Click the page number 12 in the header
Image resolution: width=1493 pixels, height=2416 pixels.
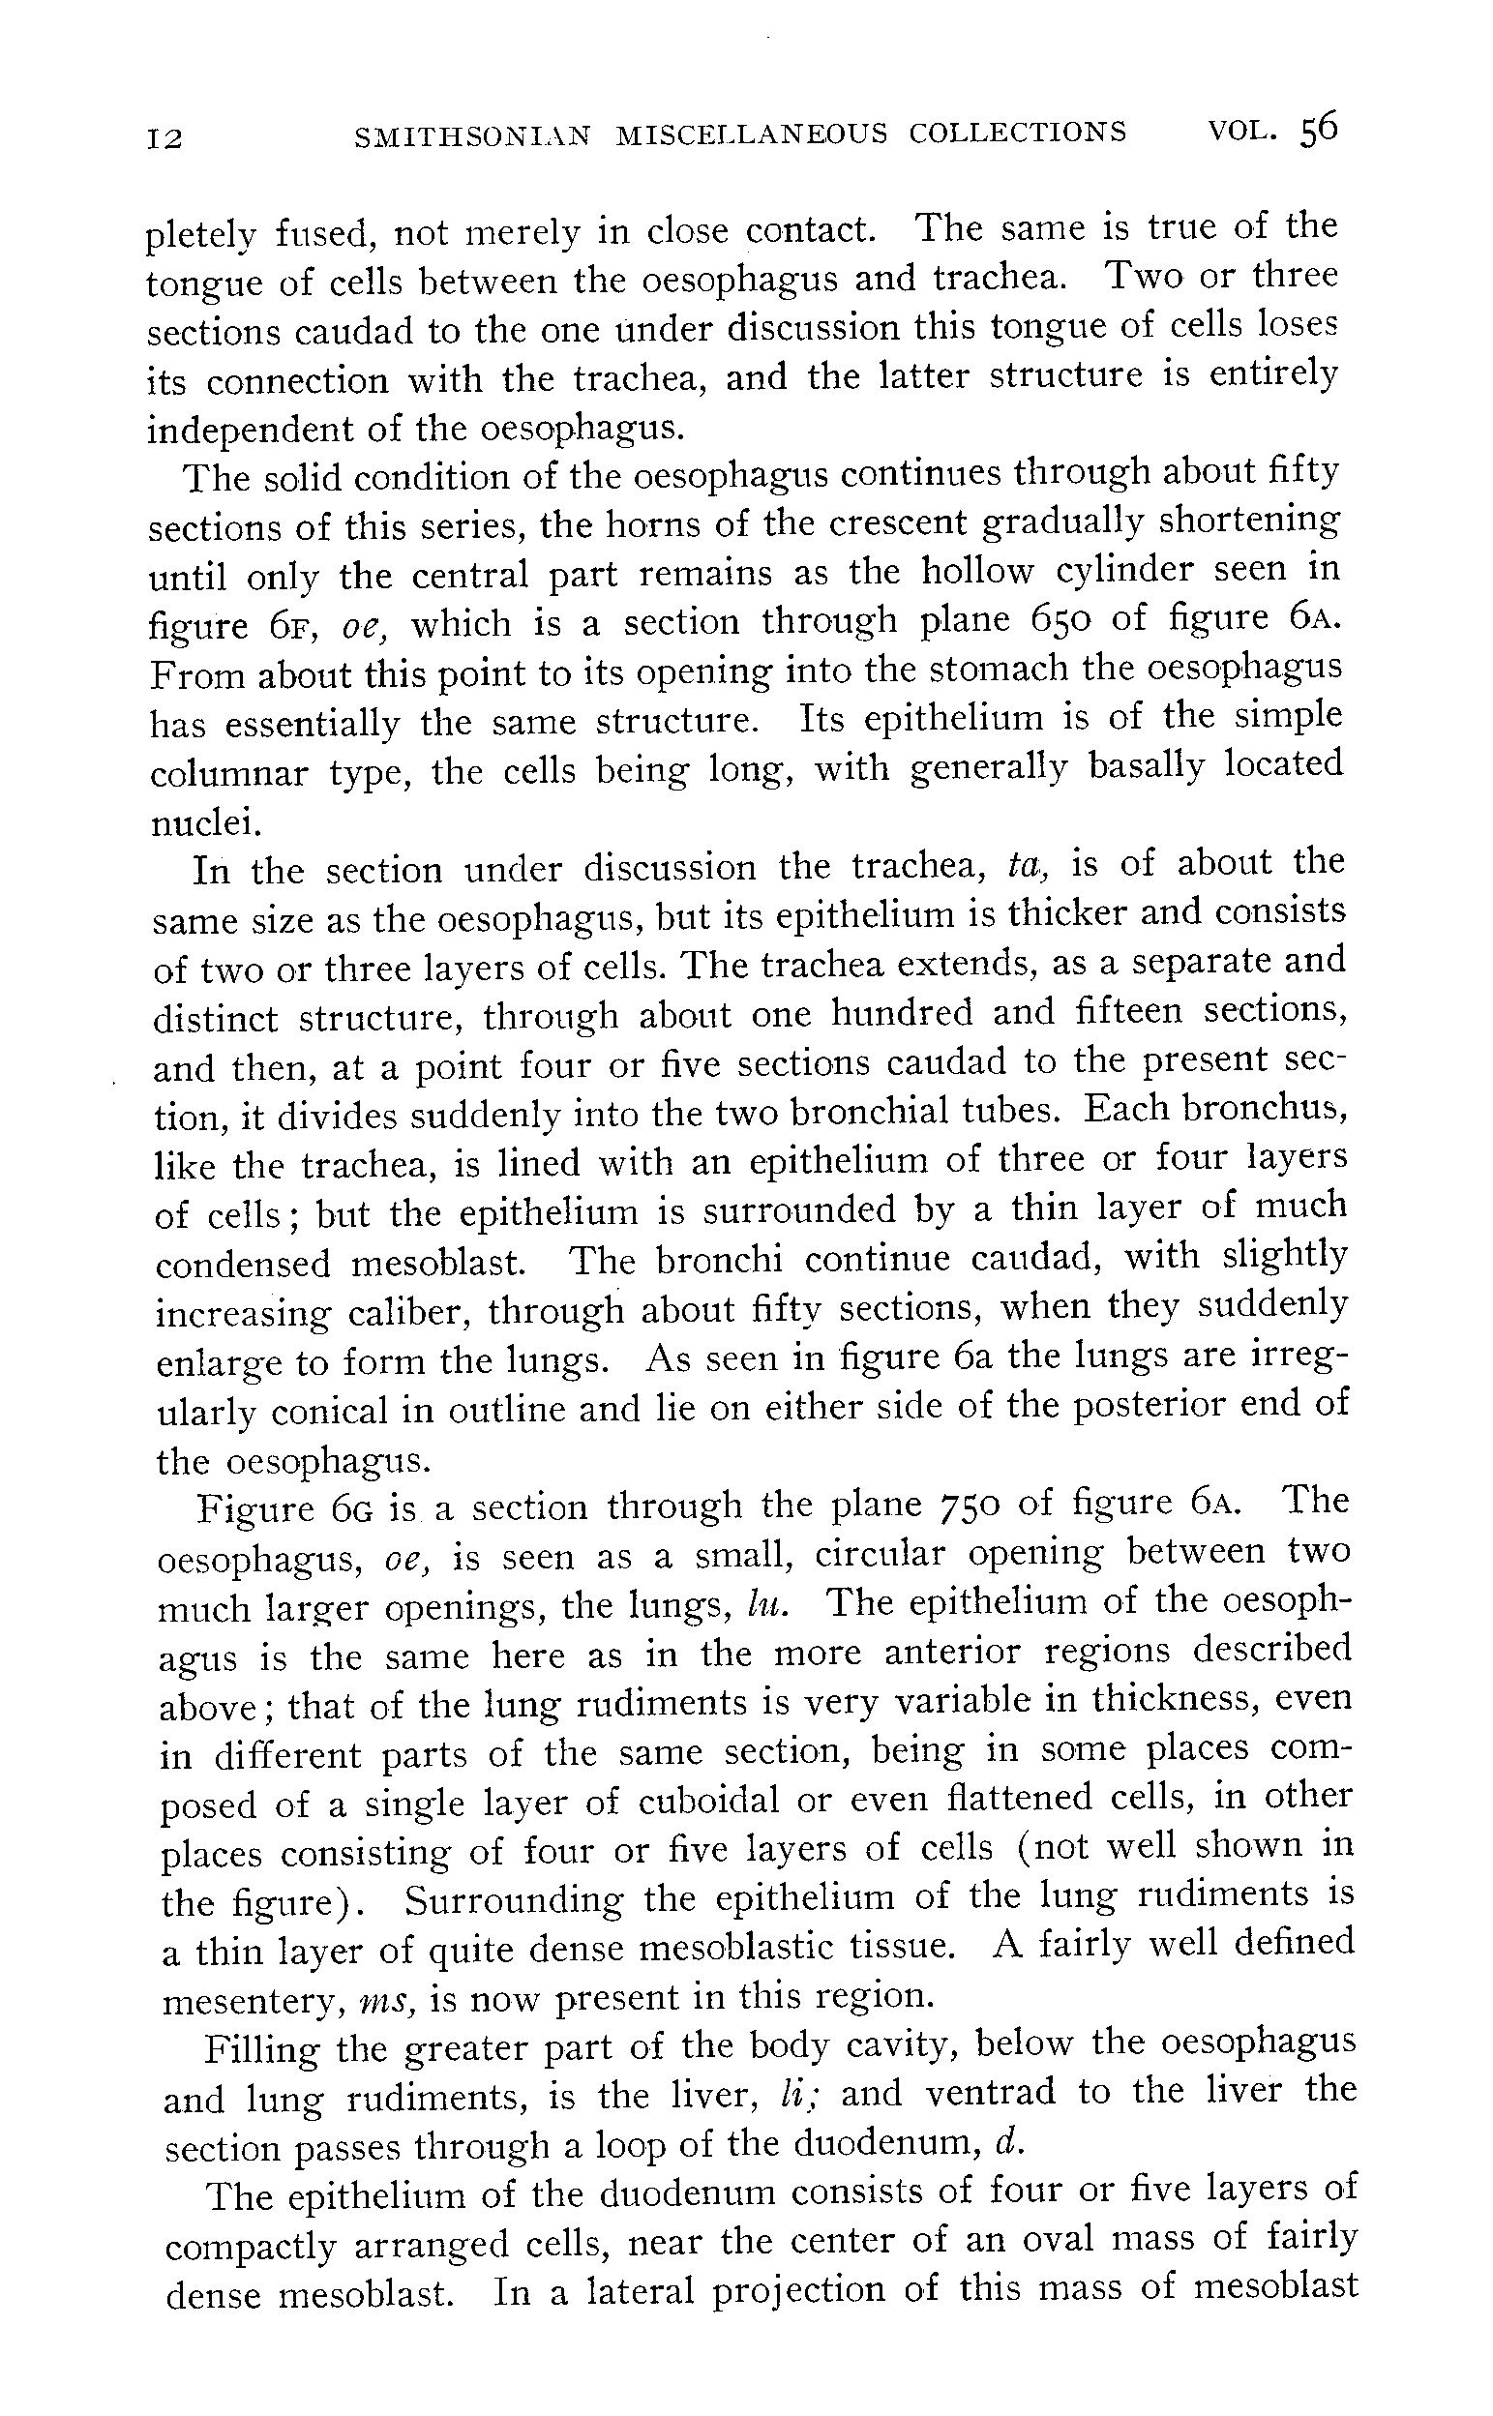point(164,137)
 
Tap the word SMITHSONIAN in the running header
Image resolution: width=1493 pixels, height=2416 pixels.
point(472,134)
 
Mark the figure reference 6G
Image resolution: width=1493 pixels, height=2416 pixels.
point(350,1508)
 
